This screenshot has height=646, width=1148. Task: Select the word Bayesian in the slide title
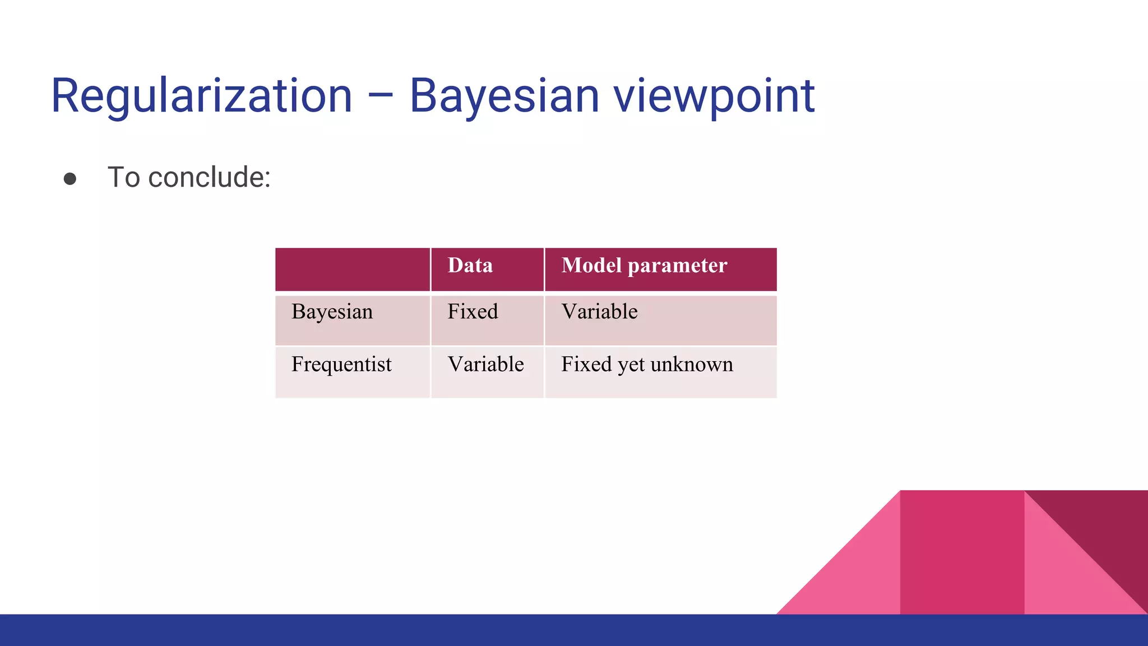click(x=504, y=96)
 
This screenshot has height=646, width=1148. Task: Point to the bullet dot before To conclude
click(x=70, y=179)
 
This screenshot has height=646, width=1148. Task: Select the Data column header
click(x=470, y=266)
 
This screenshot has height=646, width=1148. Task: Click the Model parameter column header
click(x=644, y=266)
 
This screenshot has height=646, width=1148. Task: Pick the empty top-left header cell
click(x=353, y=269)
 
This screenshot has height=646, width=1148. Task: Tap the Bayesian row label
click(x=332, y=312)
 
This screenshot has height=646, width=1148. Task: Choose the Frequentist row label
click(x=341, y=364)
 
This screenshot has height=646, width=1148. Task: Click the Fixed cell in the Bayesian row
click(x=473, y=312)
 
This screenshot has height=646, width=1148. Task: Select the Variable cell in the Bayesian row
click(x=599, y=312)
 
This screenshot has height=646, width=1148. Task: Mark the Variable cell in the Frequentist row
click(x=485, y=364)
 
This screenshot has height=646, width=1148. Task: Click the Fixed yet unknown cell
click(x=647, y=364)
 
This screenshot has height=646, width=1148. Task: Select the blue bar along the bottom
click(x=392, y=630)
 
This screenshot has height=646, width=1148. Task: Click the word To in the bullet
click(x=124, y=178)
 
